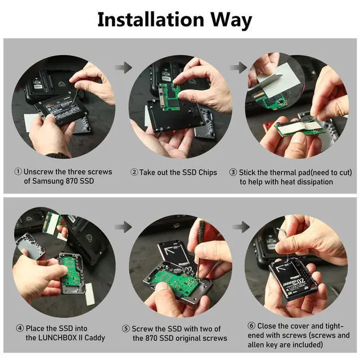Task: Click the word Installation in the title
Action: click(x=151, y=20)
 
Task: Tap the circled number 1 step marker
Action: click(x=18, y=172)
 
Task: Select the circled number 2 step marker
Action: click(x=134, y=172)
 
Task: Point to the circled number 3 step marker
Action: click(x=233, y=172)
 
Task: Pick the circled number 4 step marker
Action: click(x=20, y=328)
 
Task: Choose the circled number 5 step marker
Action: click(x=125, y=328)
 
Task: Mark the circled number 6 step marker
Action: click(x=251, y=326)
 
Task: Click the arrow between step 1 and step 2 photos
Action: click(x=124, y=67)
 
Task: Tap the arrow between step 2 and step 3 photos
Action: click(x=238, y=67)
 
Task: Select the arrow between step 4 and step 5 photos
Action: click(x=123, y=227)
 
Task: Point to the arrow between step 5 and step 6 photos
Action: click(x=241, y=227)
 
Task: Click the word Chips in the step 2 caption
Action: click(x=208, y=173)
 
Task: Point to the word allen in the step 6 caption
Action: click(x=256, y=345)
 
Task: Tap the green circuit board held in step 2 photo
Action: click(x=169, y=97)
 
